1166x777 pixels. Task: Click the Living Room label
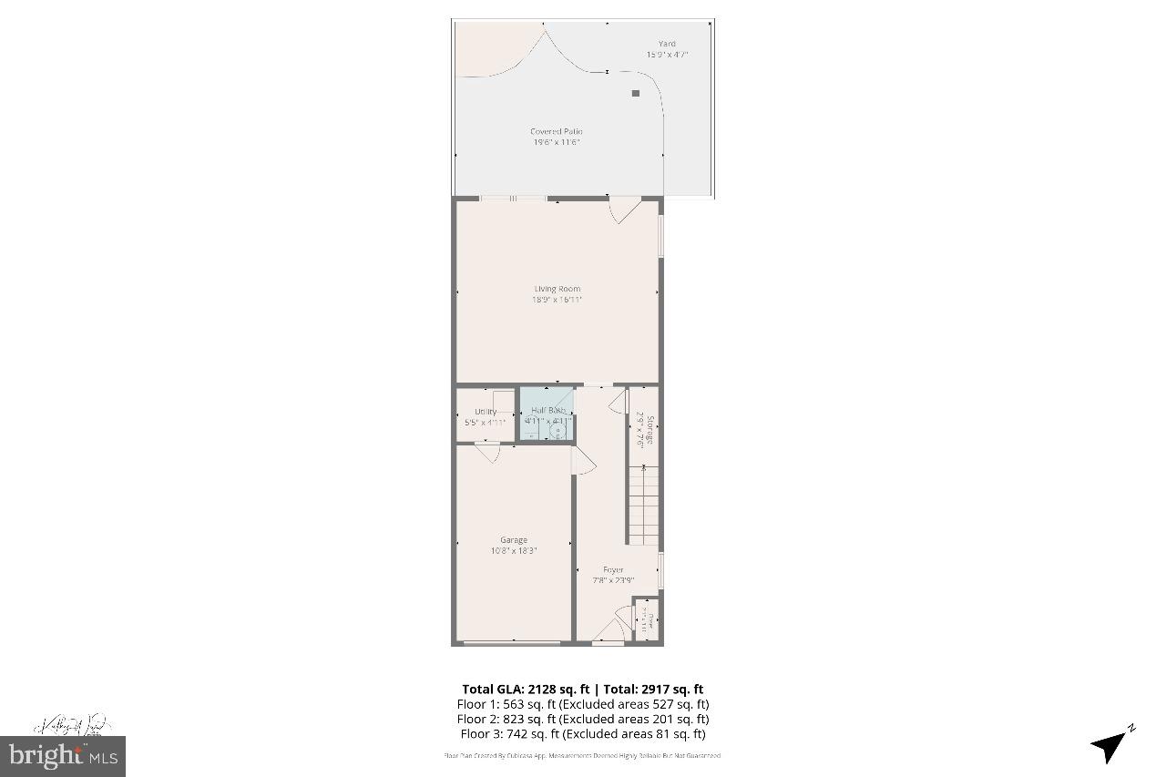pyautogui.click(x=557, y=290)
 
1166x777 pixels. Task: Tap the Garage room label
pyautogui.click(x=513, y=540)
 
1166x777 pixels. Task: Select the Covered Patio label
pyautogui.click(x=557, y=132)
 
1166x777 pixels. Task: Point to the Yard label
pyautogui.click(x=668, y=44)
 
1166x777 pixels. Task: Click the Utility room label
pyautogui.click(x=486, y=412)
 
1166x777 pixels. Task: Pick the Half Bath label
pyautogui.click(x=548, y=411)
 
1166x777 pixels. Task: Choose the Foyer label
pyautogui.click(x=613, y=570)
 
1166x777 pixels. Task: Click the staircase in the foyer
pyautogui.click(x=644, y=506)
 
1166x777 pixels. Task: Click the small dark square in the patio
pyautogui.click(x=636, y=93)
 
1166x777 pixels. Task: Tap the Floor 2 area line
pyautogui.click(x=582, y=719)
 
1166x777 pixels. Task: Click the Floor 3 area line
pyautogui.click(x=582, y=733)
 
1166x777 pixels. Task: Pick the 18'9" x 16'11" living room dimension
pyautogui.click(x=557, y=299)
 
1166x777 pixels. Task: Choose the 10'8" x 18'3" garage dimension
pyautogui.click(x=513, y=550)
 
